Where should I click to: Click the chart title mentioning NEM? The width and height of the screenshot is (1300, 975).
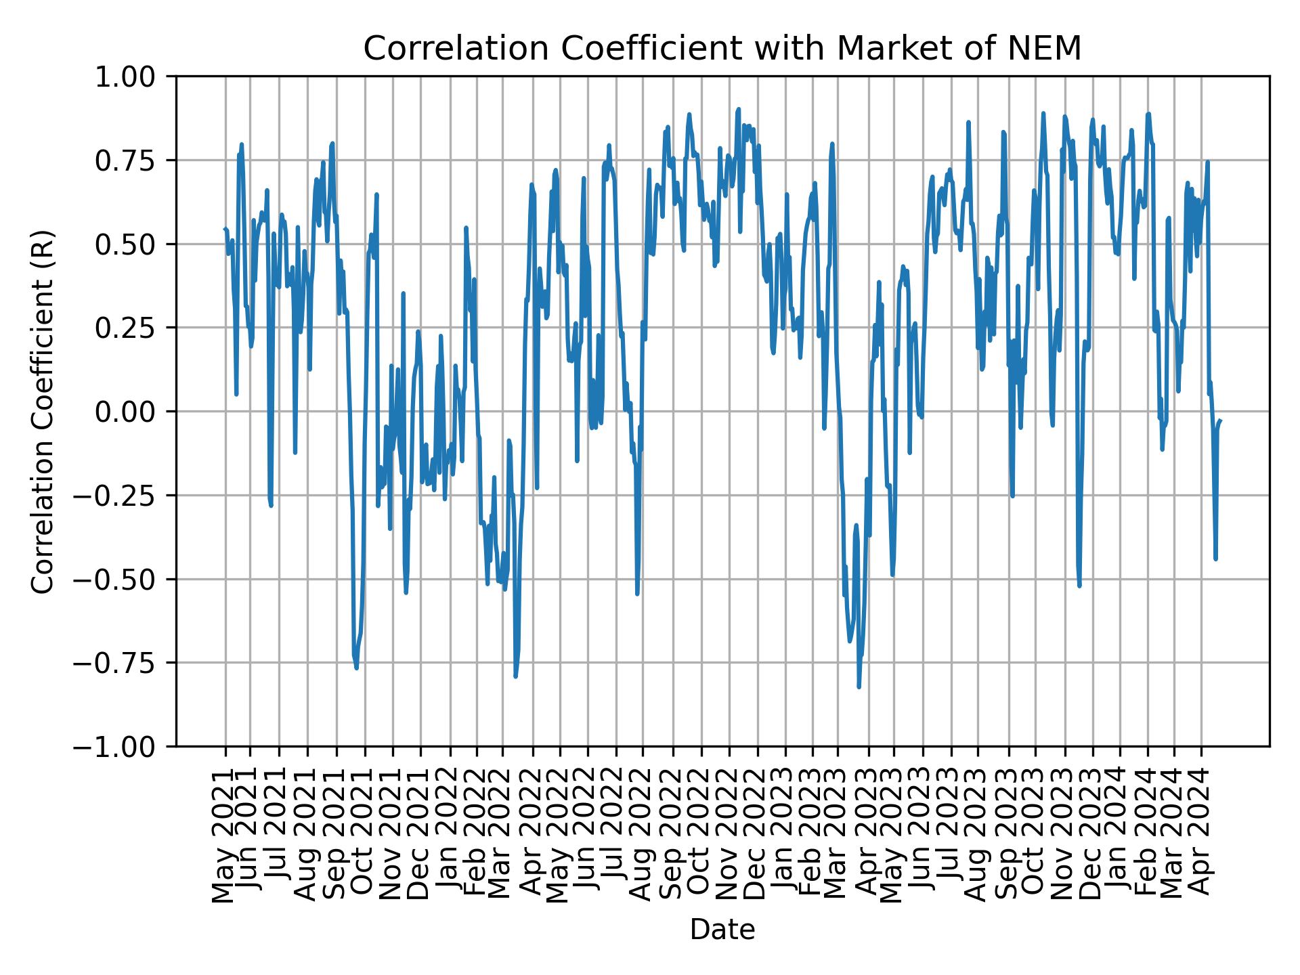click(x=722, y=49)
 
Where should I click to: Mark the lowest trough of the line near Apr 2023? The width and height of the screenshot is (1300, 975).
click(x=859, y=687)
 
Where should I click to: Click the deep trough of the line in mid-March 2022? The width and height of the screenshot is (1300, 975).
click(x=515, y=676)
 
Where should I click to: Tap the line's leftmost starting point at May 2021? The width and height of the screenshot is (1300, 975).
click(x=225, y=229)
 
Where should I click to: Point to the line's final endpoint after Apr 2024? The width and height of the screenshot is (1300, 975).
click(x=1220, y=420)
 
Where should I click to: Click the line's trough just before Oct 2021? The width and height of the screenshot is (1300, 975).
click(x=356, y=668)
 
